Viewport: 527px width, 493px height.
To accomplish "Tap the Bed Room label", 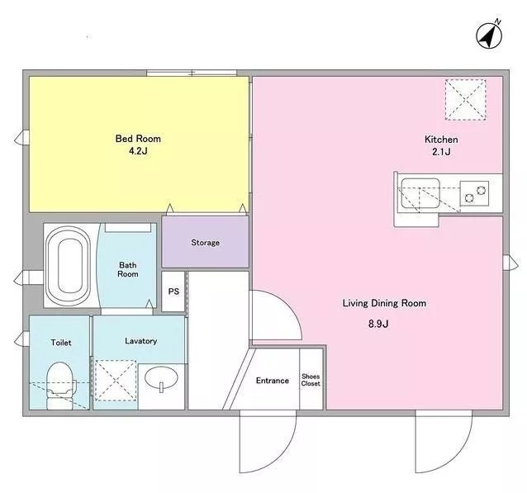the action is (x=138, y=139).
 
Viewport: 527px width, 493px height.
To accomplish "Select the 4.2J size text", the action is (x=138, y=151).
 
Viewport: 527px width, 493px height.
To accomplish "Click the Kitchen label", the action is (x=441, y=139).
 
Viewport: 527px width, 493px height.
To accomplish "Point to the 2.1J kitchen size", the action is (x=441, y=152).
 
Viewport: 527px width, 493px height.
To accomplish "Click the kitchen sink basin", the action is (x=420, y=193).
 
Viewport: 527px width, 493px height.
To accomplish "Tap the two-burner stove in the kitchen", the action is (x=474, y=193).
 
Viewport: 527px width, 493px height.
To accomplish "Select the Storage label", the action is (x=206, y=242).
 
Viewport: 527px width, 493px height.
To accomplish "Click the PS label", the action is (x=173, y=292).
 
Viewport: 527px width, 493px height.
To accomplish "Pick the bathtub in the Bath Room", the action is (x=69, y=266).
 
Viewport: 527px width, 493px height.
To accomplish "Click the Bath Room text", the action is (x=128, y=269).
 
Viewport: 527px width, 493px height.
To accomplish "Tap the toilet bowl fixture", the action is (x=59, y=386).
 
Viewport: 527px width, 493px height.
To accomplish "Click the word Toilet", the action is (x=61, y=343).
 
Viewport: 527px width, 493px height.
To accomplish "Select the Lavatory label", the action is (x=140, y=341).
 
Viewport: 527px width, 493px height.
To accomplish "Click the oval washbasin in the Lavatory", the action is (x=161, y=378).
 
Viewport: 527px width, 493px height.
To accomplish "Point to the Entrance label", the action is (x=273, y=381).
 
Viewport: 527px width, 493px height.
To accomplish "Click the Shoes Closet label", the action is (x=311, y=380).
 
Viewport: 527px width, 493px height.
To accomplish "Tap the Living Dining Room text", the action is (x=384, y=303).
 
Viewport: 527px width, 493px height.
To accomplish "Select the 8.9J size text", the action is (x=378, y=324).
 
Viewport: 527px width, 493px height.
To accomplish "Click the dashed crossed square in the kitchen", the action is (x=466, y=100).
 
